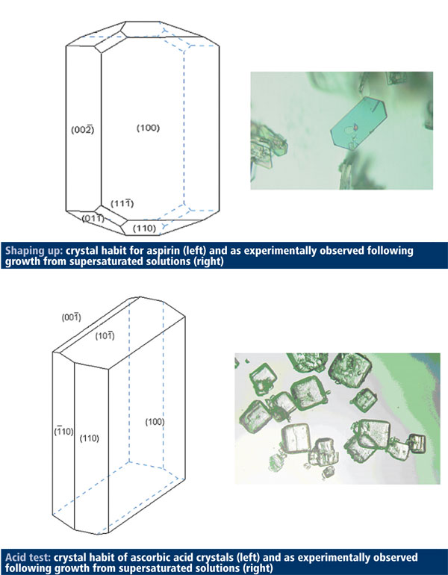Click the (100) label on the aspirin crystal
[x=149, y=128]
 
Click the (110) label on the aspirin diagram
[x=144, y=228]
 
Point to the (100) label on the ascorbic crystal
[x=153, y=422]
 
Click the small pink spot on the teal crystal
[x=356, y=128]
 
